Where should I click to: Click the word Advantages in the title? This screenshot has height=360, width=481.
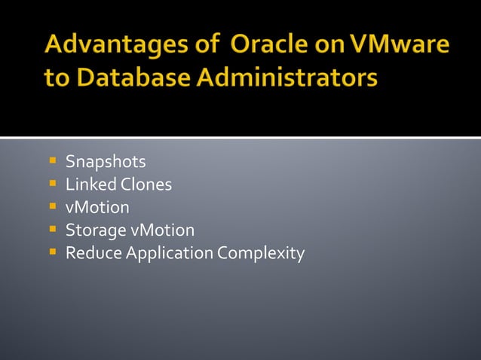[109, 46]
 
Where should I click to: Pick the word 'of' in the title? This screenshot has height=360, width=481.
[201, 46]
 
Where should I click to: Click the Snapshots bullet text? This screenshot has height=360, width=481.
[106, 162]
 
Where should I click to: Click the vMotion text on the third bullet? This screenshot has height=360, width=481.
[97, 207]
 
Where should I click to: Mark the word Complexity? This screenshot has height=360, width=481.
[261, 253]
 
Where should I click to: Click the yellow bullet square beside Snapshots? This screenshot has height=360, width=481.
[53, 160]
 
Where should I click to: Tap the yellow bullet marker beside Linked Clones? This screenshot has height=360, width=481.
[53, 183]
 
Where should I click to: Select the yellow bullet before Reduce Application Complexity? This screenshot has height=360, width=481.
[53, 252]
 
